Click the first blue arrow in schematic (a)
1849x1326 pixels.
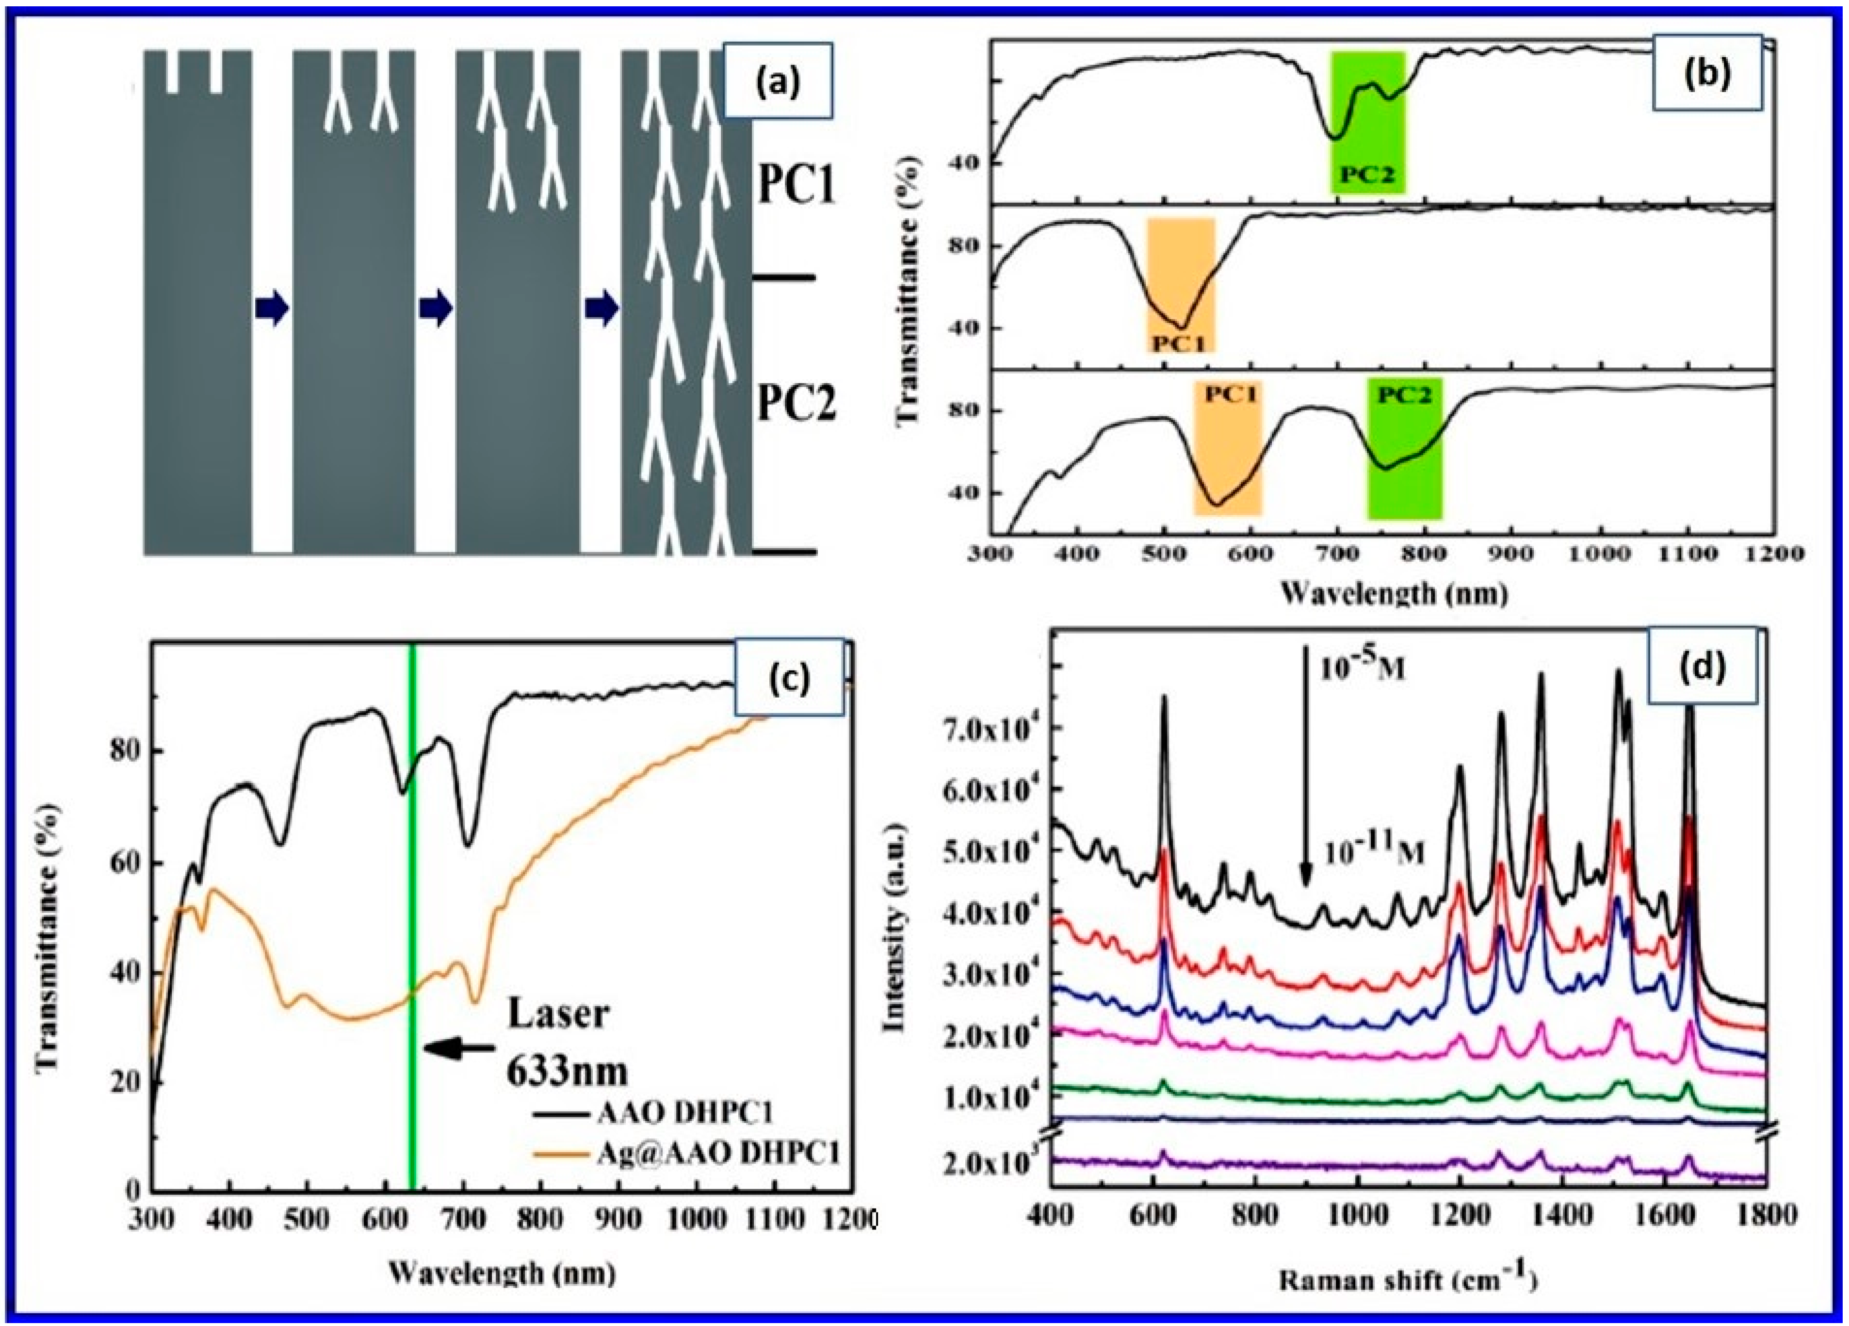point(272,310)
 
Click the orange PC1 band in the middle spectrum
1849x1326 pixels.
point(1181,285)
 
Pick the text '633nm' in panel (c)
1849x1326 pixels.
point(567,1072)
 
